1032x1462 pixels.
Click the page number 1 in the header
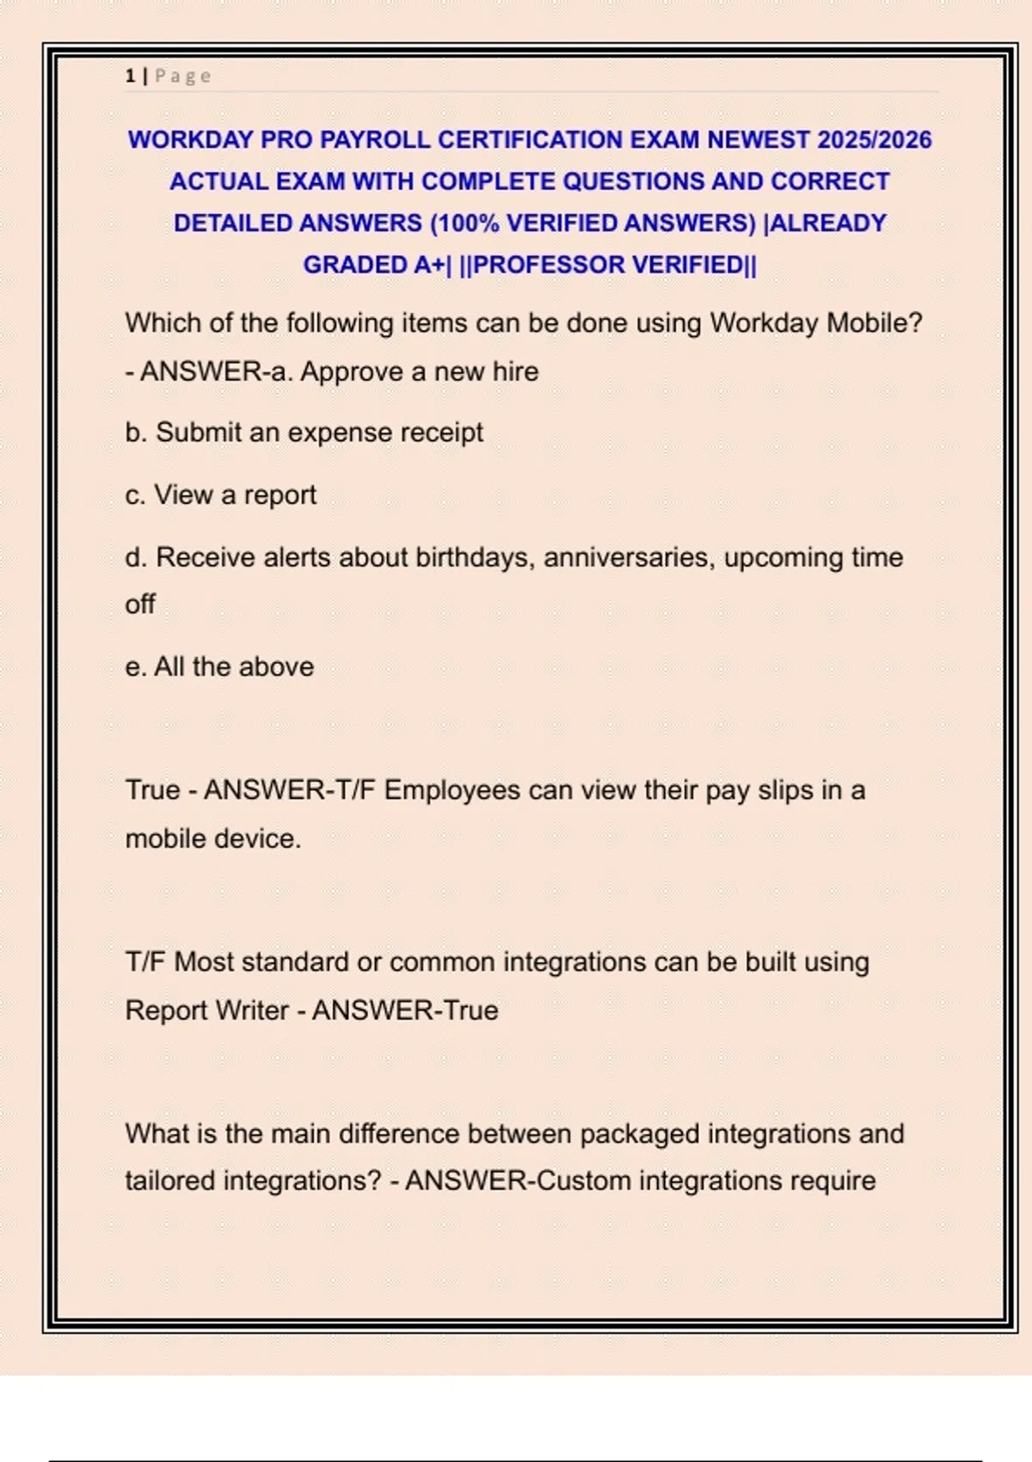[x=130, y=76]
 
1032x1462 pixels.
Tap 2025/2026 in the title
[x=875, y=139]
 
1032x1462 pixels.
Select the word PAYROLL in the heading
[x=374, y=139]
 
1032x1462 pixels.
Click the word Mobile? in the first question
[x=874, y=323]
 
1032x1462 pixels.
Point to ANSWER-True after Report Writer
[x=405, y=1010]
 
